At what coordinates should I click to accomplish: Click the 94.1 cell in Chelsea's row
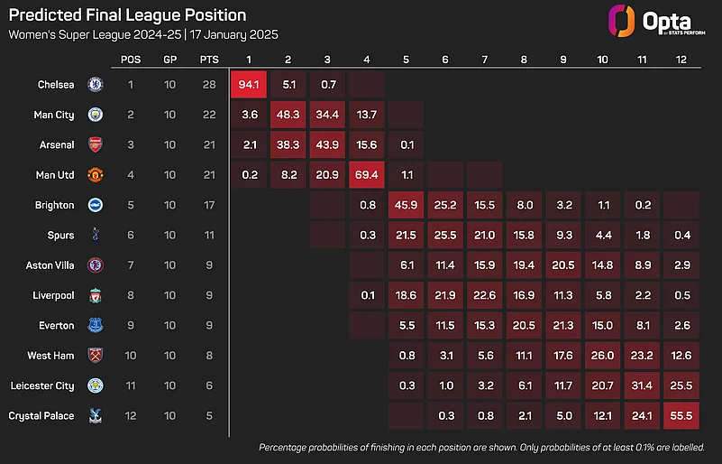coord(249,85)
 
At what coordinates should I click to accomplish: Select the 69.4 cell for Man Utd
coord(367,175)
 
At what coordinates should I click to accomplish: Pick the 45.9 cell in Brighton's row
coord(407,205)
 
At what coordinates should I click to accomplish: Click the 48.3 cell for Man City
coord(288,115)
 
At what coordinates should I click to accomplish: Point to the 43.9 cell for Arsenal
coord(327,144)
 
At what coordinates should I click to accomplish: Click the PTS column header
coord(210,60)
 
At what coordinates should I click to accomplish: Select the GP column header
coord(170,60)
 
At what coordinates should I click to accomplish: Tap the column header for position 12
coord(681,60)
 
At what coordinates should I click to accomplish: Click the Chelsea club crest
coord(95,85)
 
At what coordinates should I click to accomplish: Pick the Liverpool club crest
coord(95,295)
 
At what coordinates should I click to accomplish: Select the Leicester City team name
coord(41,385)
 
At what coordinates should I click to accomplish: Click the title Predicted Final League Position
coord(127,15)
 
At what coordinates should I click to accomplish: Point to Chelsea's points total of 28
coord(210,85)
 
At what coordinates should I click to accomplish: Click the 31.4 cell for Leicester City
coord(642,385)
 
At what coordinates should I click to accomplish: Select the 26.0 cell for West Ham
coord(602,356)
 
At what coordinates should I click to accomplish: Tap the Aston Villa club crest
coord(95,265)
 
